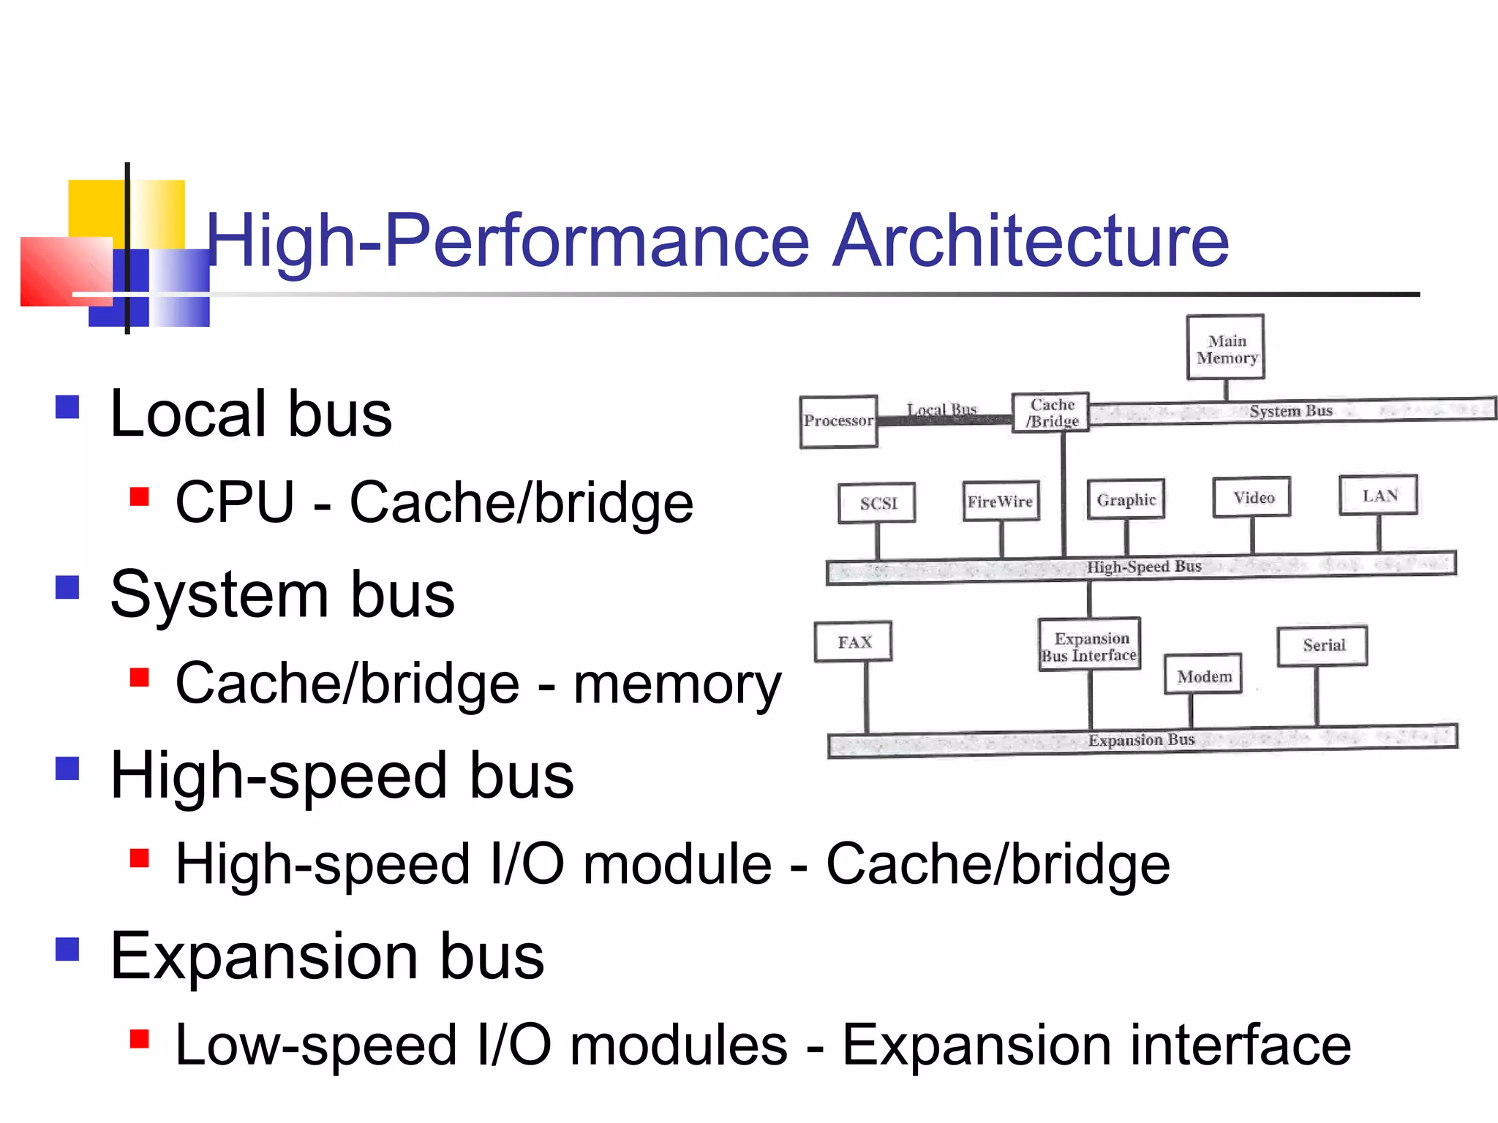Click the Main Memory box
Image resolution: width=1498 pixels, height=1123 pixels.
(1225, 347)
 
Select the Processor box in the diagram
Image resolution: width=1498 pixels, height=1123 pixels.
(838, 421)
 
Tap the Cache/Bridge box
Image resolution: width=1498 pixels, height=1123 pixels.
(1051, 413)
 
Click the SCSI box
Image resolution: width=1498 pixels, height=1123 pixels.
(877, 503)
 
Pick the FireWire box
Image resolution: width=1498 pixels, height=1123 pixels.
(1001, 501)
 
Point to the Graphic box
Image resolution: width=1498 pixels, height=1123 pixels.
(1126, 499)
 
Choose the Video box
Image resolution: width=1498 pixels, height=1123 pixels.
(1252, 497)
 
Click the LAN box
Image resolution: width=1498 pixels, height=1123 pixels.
(1379, 495)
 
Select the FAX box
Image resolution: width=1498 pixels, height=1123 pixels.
(854, 642)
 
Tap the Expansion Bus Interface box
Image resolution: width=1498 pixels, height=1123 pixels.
(1090, 646)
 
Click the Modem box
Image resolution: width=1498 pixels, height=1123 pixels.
(1203, 676)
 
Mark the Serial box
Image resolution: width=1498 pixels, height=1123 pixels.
(1322, 645)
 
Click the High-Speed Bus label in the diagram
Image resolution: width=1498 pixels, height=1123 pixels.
(1144, 567)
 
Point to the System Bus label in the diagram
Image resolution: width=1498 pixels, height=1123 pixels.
(1291, 411)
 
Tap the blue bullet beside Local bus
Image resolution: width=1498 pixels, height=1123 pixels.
(67, 407)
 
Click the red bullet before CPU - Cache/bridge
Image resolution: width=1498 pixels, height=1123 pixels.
(139, 497)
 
